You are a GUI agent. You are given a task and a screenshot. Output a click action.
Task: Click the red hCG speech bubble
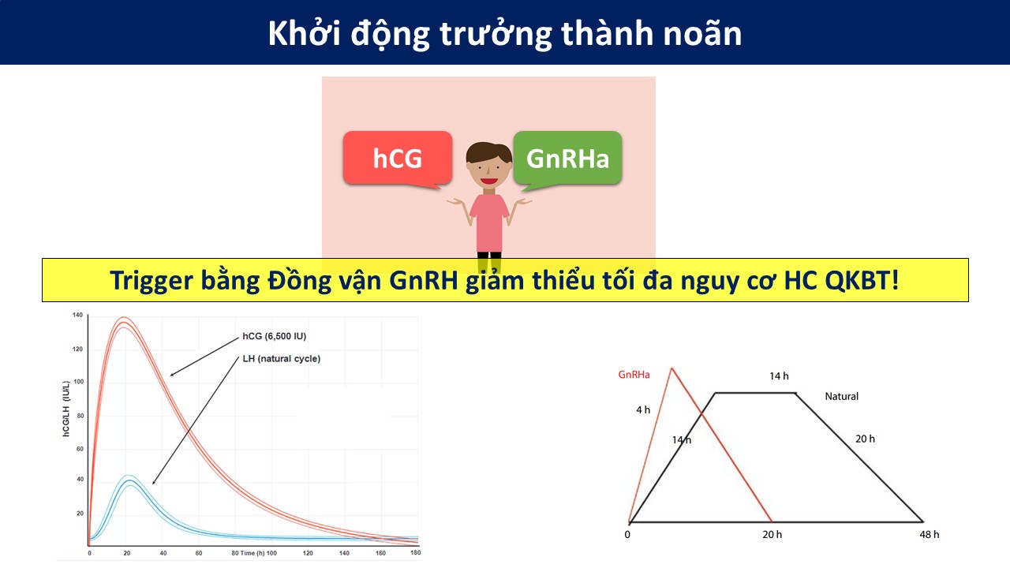397,159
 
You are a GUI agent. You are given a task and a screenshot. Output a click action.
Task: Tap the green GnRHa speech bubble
567,159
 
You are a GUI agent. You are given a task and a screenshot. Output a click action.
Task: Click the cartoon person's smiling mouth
488,181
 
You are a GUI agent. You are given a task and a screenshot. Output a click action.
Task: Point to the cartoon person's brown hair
488,151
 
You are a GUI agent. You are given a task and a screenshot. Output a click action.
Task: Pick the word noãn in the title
702,34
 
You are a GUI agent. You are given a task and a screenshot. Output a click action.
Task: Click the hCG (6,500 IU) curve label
274,336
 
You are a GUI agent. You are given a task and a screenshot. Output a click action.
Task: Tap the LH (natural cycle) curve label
282,359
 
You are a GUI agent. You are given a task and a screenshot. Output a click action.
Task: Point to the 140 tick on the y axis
77,315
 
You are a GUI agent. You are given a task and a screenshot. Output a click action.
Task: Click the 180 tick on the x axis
415,553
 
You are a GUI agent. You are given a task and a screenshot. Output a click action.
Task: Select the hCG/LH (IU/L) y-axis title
65,409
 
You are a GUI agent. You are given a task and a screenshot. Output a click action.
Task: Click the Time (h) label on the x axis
253,553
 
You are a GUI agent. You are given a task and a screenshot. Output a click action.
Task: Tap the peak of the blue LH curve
129,480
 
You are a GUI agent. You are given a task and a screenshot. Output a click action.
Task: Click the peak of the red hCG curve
124,322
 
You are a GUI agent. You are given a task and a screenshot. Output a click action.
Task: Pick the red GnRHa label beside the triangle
634,375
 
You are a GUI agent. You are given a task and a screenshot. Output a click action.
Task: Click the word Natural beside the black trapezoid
841,396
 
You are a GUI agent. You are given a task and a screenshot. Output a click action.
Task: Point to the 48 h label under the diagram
930,535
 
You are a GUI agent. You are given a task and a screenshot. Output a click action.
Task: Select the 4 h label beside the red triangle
643,409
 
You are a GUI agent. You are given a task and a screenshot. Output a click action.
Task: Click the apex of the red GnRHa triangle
671,368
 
